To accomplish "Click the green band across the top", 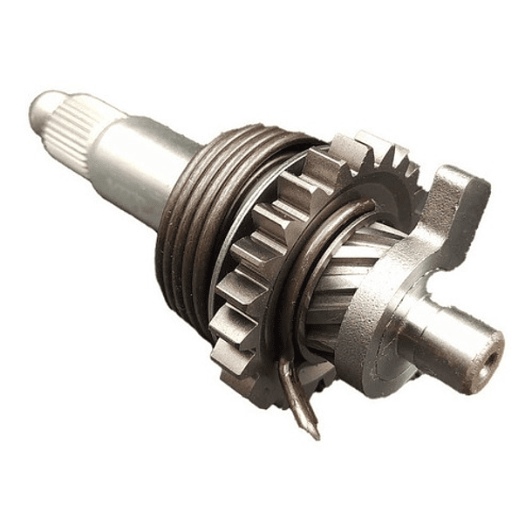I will pos(266,33).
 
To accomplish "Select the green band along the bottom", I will pos(266,497).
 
